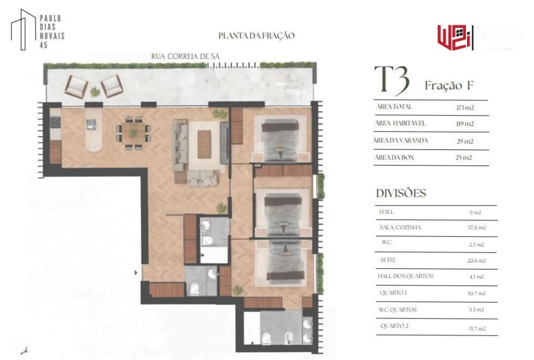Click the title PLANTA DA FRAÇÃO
click(x=256, y=36)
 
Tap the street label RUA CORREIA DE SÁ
click(x=185, y=56)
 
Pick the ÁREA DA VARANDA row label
click(x=401, y=140)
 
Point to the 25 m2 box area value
click(x=464, y=157)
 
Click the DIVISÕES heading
click(x=401, y=193)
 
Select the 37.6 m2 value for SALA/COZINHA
click(x=476, y=227)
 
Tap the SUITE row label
click(x=388, y=260)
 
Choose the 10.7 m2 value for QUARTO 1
click(x=476, y=293)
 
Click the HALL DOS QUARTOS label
click(x=405, y=276)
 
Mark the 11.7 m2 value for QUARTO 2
click(x=476, y=328)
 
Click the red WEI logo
click(x=455, y=36)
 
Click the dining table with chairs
click(x=132, y=133)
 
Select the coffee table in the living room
click(x=204, y=143)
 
